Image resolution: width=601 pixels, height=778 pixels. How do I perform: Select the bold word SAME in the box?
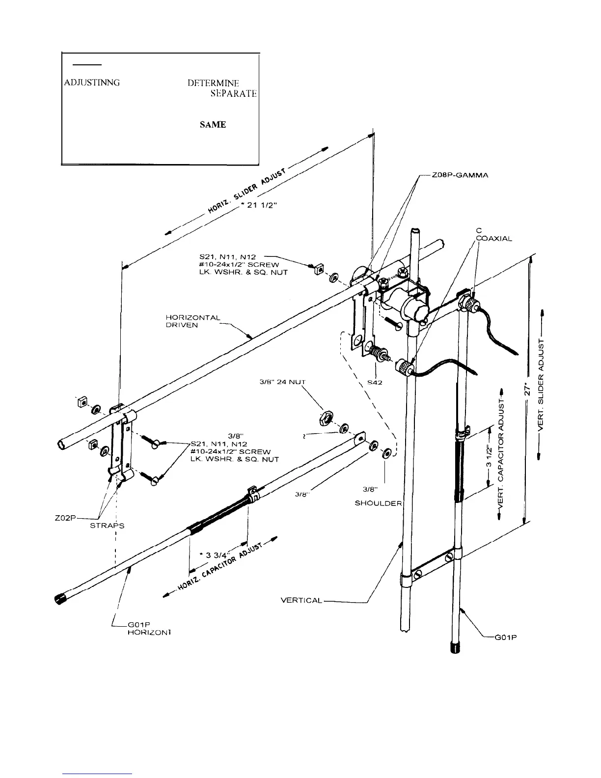(x=213, y=125)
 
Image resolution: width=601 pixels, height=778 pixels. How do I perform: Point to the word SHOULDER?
(x=378, y=503)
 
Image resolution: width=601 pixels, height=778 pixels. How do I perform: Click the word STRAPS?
(x=107, y=526)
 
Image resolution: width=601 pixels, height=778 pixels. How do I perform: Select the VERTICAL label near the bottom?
(x=301, y=600)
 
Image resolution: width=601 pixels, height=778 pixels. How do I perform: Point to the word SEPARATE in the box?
(x=230, y=93)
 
